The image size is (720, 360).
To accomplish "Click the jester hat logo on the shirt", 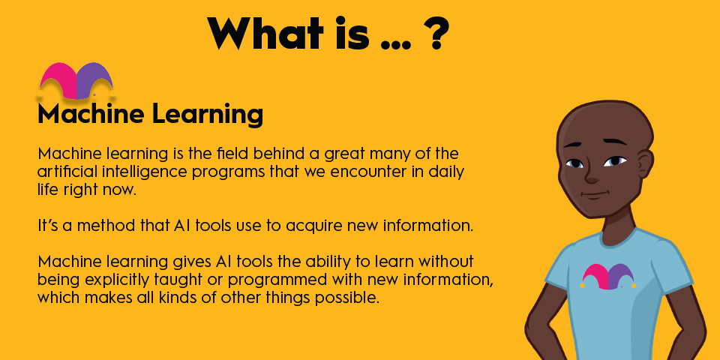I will click(608, 275).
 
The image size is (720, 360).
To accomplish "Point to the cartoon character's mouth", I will click(597, 195).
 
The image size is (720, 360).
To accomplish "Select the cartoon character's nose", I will click(592, 174).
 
